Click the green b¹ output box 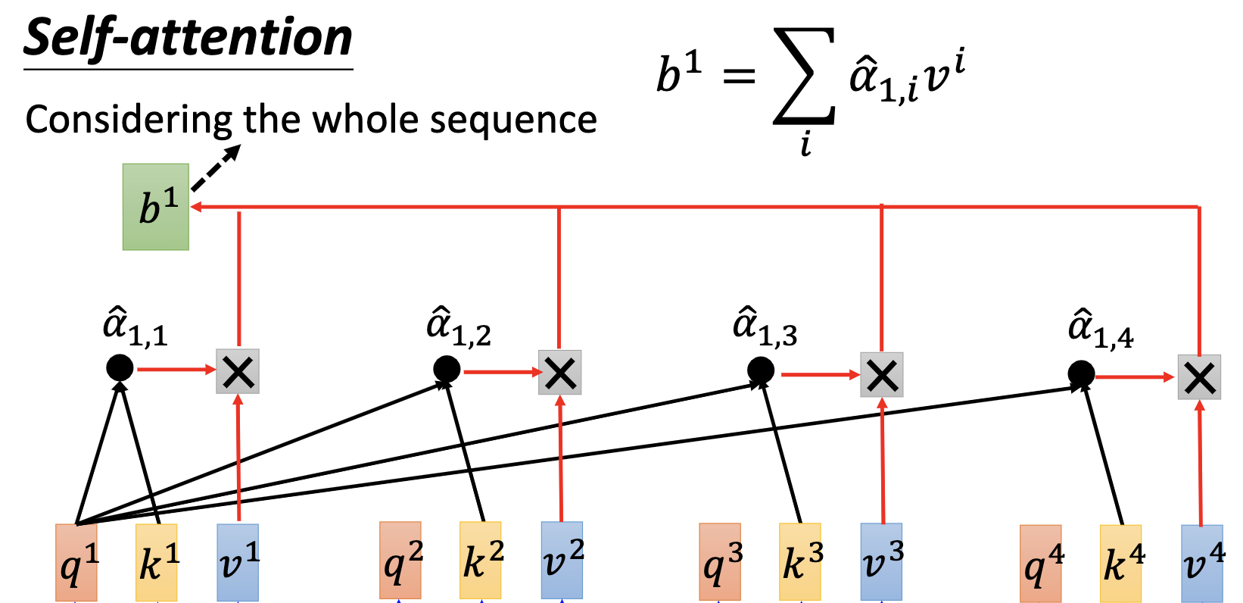tap(156, 207)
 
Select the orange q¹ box tap(76, 562)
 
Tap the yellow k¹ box tap(157, 562)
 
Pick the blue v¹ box tap(238, 562)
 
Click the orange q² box tap(400, 560)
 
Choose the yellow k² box tap(481, 560)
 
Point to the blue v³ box tap(882, 561)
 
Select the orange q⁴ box tap(1041, 564)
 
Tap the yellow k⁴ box tap(1121, 564)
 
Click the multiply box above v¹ tap(238, 371)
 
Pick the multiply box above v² tap(560, 373)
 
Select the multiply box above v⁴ tap(1200, 376)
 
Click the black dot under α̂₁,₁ tap(120, 368)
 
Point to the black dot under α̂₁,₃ tap(761, 370)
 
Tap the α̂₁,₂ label tap(459, 327)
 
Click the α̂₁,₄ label tap(1101, 330)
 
